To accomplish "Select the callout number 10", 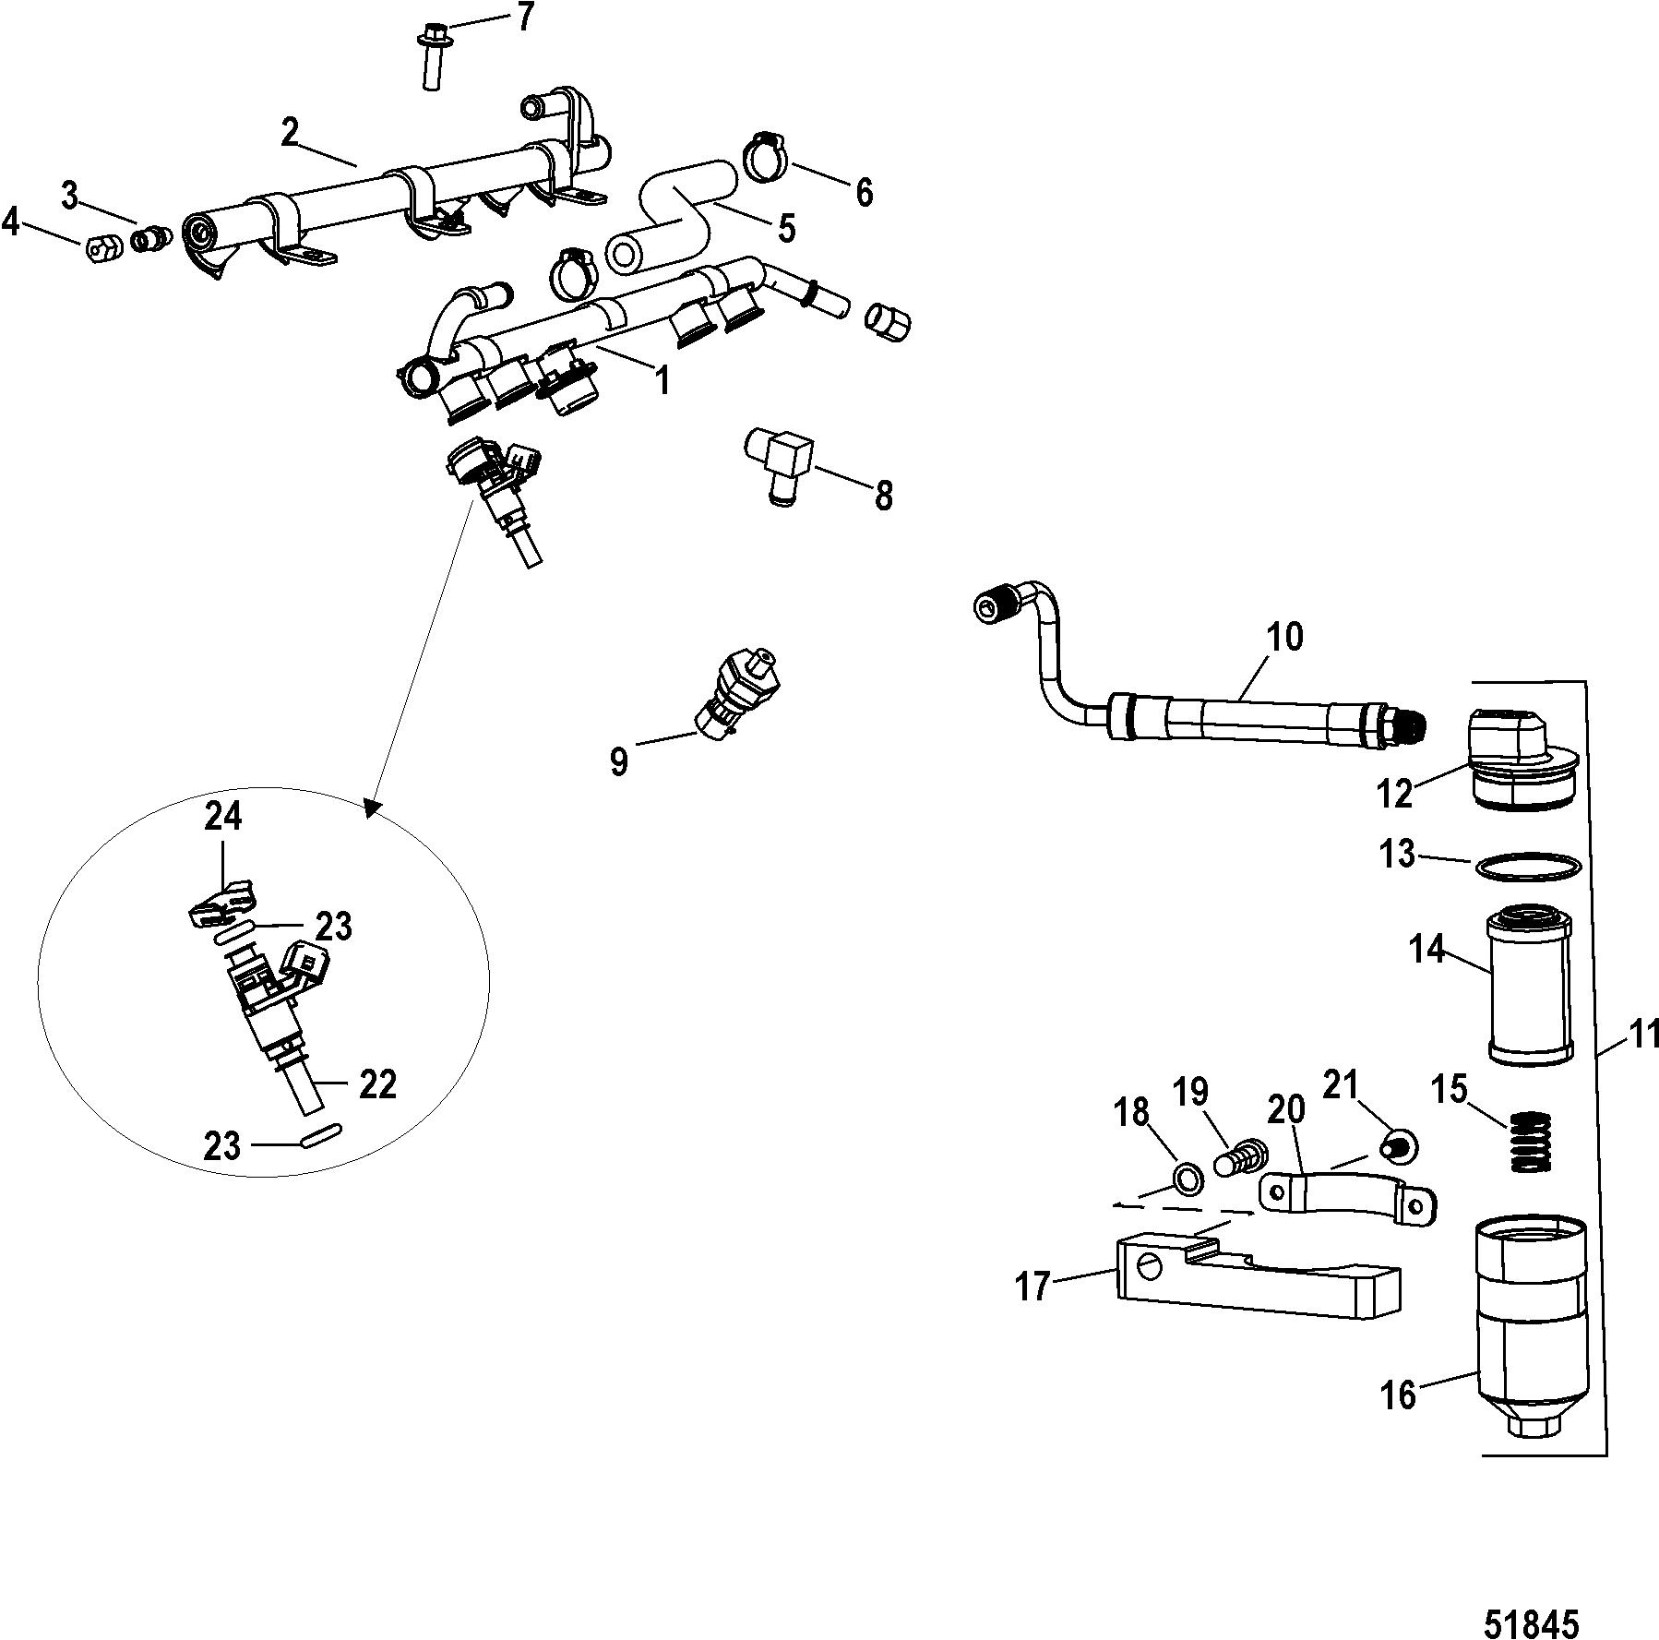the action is click(1285, 637).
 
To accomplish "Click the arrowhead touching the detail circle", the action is click(373, 808).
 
